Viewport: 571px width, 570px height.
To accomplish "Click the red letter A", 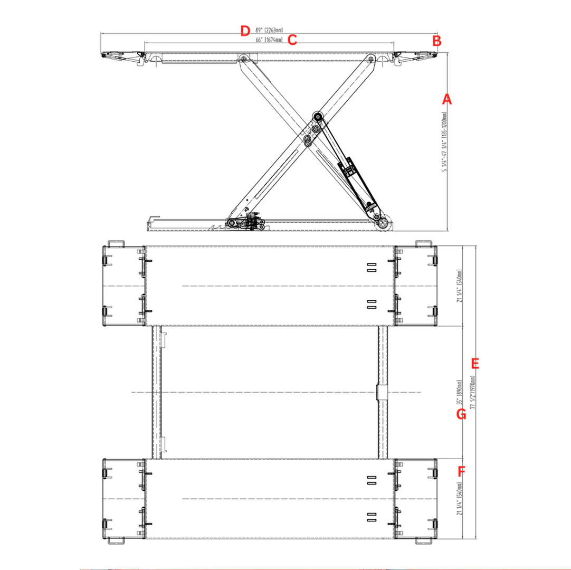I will click(x=446, y=99).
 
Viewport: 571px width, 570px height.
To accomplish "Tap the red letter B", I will click(x=436, y=40).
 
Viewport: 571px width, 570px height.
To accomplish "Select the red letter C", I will click(x=293, y=40).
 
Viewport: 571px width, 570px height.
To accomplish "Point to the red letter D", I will click(x=244, y=31).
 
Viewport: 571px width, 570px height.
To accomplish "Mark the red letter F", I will click(x=462, y=470).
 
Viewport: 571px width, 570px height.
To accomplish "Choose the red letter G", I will click(x=461, y=414).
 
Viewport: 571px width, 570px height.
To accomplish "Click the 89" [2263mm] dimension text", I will click(x=269, y=31).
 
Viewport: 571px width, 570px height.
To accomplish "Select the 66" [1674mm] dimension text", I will click(x=269, y=40).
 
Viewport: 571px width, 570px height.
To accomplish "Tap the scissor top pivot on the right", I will click(x=371, y=59).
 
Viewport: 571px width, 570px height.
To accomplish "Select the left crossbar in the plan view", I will click(x=157, y=392).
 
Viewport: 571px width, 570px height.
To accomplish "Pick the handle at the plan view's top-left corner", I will click(x=116, y=243).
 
